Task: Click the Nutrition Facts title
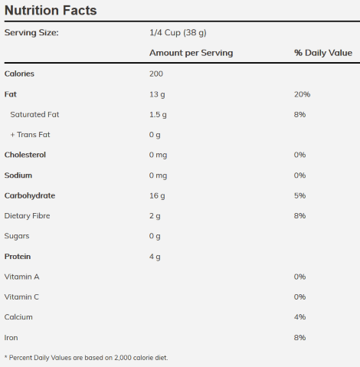click(x=51, y=11)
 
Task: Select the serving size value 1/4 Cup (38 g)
click(x=178, y=33)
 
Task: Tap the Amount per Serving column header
click(x=191, y=53)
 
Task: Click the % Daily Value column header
click(x=323, y=53)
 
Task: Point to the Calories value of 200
click(x=156, y=74)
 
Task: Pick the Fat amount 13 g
click(x=157, y=94)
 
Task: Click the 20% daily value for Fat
click(x=303, y=94)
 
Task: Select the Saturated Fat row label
click(x=34, y=114)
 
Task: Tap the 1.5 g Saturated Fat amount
click(x=158, y=115)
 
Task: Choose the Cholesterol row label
click(x=25, y=155)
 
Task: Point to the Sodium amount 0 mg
click(x=159, y=175)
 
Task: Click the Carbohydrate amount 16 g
click(x=157, y=196)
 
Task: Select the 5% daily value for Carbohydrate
click(x=300, y=195)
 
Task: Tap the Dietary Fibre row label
click(x=27, y=216)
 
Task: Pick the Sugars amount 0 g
click(x=155, y=236)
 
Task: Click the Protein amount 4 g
click(x=155, y=257)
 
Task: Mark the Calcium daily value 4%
click(x=300, y=317)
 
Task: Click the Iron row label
click(x=11, y=338)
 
